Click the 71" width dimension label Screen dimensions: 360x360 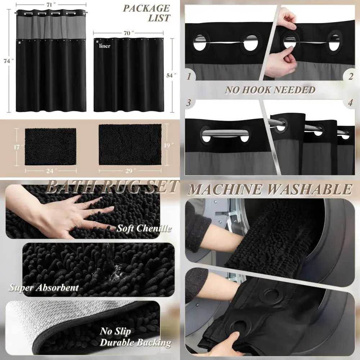pyautogui.click(x=50, y=5)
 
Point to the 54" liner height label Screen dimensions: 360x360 pyautogui.click(x=172, y=75)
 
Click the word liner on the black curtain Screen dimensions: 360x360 pyautogui.click(x=105, y=46)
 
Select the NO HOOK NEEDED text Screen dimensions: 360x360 pyautogui.click(x=270, y=90)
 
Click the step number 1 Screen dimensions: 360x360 pyautogui.click(x=189, y=76)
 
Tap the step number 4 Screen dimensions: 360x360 pyautogui.click(x=350, y=102)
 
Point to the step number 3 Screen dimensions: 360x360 pyautogui.click(x=189, y=102)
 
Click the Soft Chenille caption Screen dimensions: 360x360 pyautogui.click(x=144, y=228)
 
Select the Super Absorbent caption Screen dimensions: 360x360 pyautogui.click(x=44, y=287)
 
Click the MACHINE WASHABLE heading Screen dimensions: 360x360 pyautogui.click(x=270, y=189)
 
